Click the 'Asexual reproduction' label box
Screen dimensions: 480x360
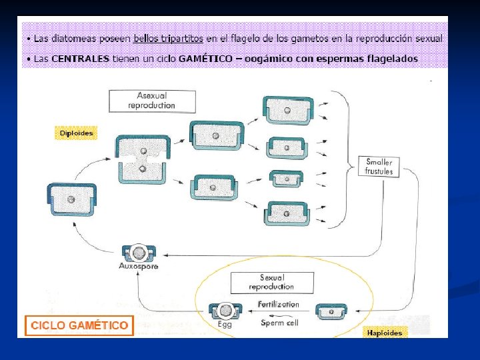pyautogui.click(x=152, y=101)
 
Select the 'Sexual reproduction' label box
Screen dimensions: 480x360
pyautogui.click(x=272, y=283)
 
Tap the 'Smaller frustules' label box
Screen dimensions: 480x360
pyautogui.click(x=379, y=167)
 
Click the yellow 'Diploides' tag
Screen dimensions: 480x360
pyautogui.click(x=76, y=133)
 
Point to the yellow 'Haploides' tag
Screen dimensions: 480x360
pyautogui.click(x=385, y=333)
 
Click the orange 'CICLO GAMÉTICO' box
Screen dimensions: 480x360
pyautogui.click(x=79, y=325)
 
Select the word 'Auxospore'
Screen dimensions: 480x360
pyautogui.click(x=139, y=266)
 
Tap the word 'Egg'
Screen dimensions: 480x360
pyautogui.click(x=225, y=324)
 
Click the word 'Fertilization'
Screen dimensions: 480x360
pyautogui.click(x=278, y=304)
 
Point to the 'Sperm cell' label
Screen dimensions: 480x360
pyautogui.click(x=279, y=323)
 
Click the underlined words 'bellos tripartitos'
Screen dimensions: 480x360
pyautogui.click(x=169, y=39)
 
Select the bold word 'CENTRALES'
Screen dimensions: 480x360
pyautogui.click(x=80, y=59)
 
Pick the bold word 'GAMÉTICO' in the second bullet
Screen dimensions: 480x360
pyautogui.click(x=205, y=59)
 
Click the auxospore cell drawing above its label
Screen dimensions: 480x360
pyautogui.click(x=139, y=253)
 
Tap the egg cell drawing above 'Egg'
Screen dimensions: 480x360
pyautogui.click(x=225, y=311)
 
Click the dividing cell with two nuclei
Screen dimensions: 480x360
pyautogui.click(x=143, y=159)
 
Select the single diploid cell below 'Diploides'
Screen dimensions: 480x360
pyautogui.click(x=71, y=199)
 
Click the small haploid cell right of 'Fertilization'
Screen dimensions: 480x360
pyautogui.click(x=331, y=311)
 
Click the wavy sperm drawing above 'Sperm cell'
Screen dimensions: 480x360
pyautogui.click(x=278, y=315)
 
